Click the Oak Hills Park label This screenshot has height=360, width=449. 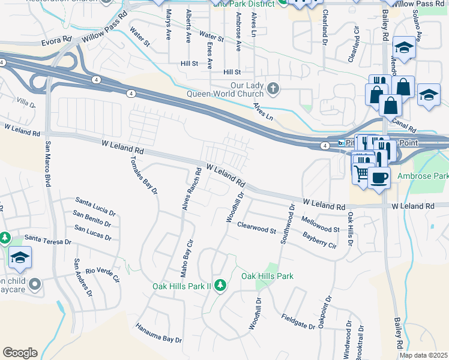pyautogui.click(x=267, y=276)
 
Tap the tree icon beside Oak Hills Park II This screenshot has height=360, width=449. pyautogui.click(x=220, y=284)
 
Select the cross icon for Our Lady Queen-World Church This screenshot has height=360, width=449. pyautogui.click(x=273, y=89)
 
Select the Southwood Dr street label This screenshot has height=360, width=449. pyautogui.click(x=287, y=225)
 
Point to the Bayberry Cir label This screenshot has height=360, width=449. pyautogui.click(x=320, y=242)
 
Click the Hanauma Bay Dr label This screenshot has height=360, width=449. pyautogui.click(x=158, y=335)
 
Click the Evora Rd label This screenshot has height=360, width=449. pyautogui.click(x=56, y=42)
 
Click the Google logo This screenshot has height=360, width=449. pyautogui.click(x=20, y=353)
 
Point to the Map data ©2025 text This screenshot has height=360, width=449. pyautogui.click(x=423, y=355)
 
